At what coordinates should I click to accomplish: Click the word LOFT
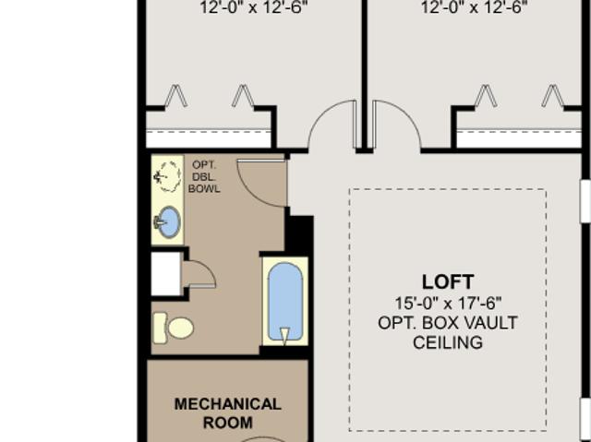[448, 282]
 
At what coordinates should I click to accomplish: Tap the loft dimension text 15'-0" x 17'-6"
[448, 303]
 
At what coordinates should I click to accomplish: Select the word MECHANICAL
[228, 404]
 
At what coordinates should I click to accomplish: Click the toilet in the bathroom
[174, 328]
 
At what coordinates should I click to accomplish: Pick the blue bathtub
[285, 301]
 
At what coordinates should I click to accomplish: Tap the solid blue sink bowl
[168, 222]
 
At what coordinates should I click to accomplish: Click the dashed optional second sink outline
[167, 176]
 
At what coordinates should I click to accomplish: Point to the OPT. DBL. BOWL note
[204, 177]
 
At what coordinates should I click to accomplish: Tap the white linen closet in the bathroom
[166, 274]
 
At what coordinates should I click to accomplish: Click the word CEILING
[448, 342]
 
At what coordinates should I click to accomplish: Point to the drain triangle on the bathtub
[285, 336]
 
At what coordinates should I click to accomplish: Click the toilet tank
[160, 328]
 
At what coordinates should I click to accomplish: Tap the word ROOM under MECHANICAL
[228, 423]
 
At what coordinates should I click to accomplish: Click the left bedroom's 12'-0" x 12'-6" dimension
[253, 7]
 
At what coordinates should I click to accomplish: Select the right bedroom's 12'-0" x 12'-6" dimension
[474, 7]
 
